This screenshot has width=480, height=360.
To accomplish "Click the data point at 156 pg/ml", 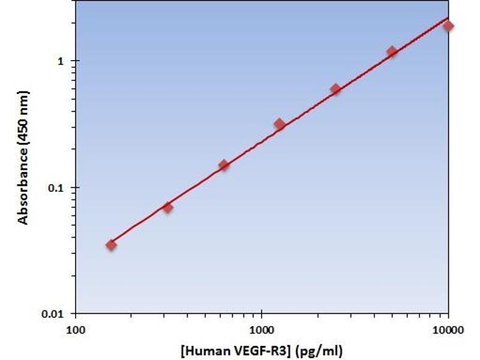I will tap(111, 245).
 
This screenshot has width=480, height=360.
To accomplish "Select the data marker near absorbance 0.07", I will tap(167, 208).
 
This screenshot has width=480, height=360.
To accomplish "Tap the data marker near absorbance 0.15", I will tap(224, 165).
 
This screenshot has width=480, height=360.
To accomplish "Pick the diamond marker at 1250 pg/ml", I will tap(280, 124).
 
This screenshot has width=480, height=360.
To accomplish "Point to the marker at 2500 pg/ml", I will tap(335, 89).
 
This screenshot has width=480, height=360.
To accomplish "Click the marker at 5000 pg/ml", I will tap(392, 52).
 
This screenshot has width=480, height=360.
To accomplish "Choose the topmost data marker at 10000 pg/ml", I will tap(448, 26).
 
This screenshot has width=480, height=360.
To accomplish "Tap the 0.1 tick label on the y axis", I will tap(58, 188).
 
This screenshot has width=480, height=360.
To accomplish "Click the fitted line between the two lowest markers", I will tap(139, 226).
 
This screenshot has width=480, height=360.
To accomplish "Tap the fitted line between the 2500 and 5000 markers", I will tap(364, 71).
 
